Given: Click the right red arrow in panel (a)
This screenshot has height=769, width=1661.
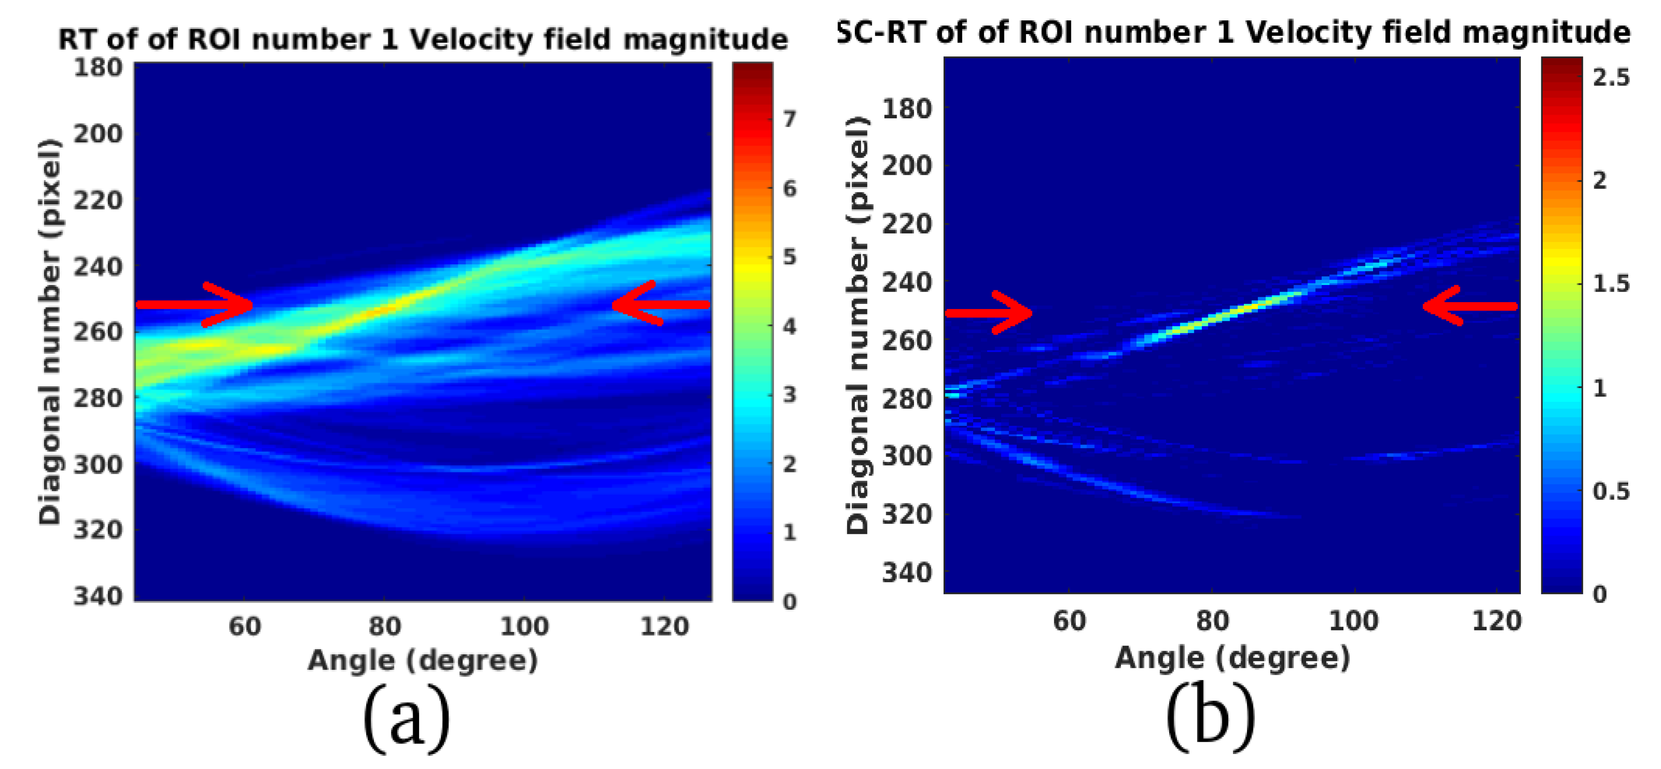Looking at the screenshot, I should (x=661, y=304).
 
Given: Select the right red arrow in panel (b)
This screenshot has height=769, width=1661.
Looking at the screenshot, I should (x=1469, y=306).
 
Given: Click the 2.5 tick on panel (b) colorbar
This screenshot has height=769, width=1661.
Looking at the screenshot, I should (x=1610, y=77).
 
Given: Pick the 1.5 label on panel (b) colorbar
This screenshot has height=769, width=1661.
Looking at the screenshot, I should (x=1610, y=284).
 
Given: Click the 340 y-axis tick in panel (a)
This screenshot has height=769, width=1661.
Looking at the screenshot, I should (x=97, y=596).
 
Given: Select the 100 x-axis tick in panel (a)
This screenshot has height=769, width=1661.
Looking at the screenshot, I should (x=524, y=626).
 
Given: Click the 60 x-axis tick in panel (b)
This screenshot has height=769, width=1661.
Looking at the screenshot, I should (x=1069, y=621).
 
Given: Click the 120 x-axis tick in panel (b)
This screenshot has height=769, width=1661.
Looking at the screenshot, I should (x=1496, y=621).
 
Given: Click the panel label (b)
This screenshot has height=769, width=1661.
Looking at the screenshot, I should (x=1210, y=718).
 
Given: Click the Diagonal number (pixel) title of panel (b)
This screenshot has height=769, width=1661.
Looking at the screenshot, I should (x=858, y=326).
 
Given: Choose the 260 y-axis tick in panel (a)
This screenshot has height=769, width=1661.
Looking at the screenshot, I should (x=97, y=332).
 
